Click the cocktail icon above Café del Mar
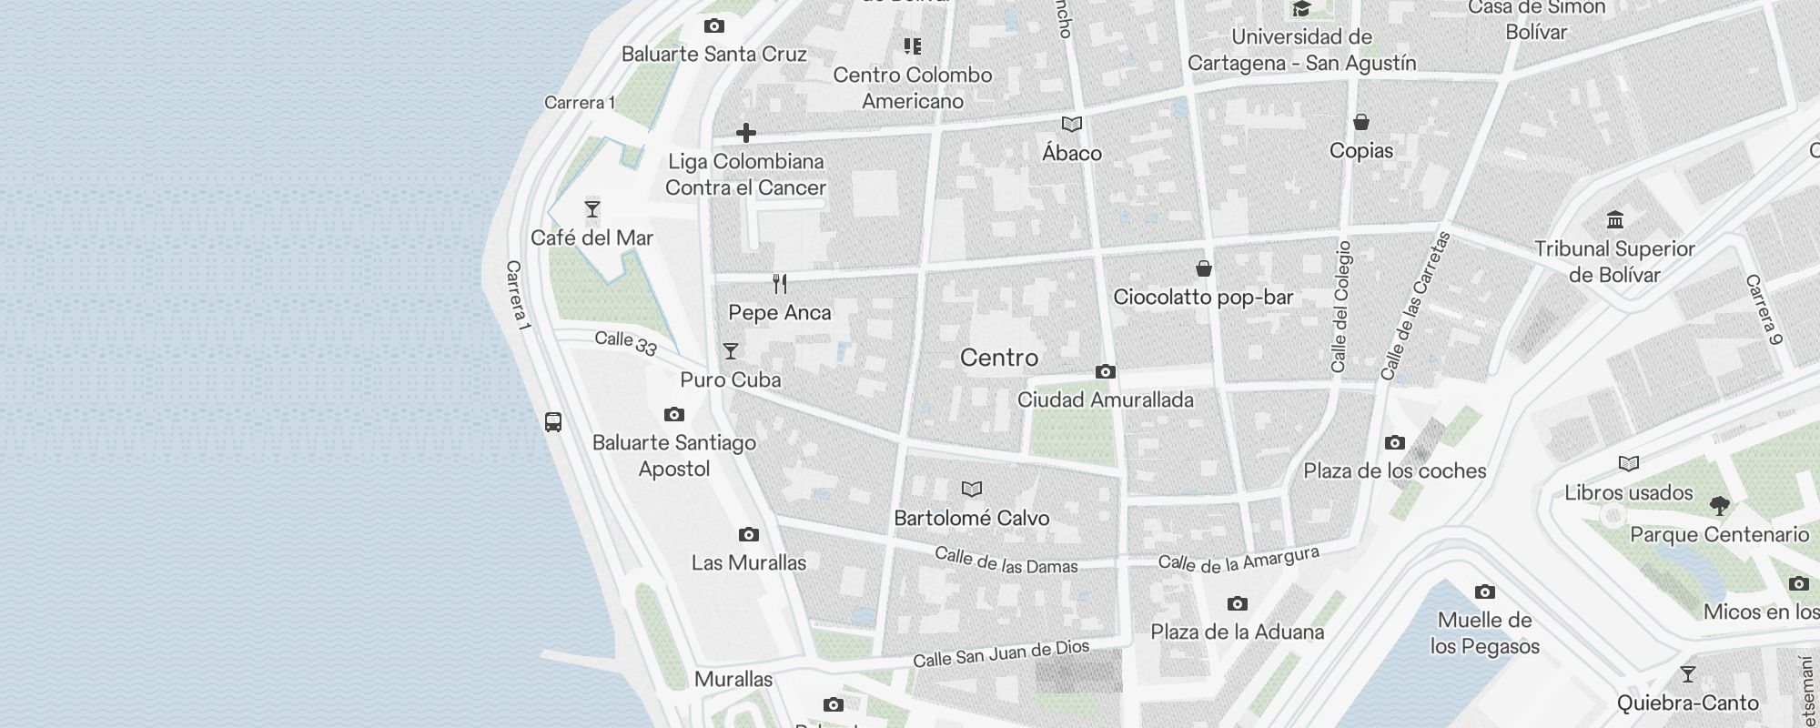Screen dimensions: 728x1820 pos(592,209)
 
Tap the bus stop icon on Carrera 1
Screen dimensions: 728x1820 pos(553,421)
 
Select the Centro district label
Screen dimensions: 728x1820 pos(998,358)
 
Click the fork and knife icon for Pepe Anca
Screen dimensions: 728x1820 pos(780,284)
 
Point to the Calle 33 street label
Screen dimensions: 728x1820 pos(626,343)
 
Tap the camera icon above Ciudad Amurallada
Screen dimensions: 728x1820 pos(1106,371)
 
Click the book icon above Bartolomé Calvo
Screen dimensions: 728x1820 pos(972,490)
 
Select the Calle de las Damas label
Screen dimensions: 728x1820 pos(1006,561)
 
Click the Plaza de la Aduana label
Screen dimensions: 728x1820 pos(1237,632)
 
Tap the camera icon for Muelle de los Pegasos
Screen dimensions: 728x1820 pos(1485,591)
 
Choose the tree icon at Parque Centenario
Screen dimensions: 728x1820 pos(1719,506)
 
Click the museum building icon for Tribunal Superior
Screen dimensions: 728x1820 pos(1615,219)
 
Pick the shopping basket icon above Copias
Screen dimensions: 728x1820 pos(1361,122)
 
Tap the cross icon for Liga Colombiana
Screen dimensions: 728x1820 pos(746,133)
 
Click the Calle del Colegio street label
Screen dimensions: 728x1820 pos(1340,307)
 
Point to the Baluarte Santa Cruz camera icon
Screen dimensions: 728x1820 pos(714,25)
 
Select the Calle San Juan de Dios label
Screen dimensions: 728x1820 pos(1000,653)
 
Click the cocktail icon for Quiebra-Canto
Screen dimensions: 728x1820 pos(1688,674)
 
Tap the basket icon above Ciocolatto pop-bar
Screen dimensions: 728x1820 pos(1203,268)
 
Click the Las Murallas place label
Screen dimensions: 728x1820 pos(748,562)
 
